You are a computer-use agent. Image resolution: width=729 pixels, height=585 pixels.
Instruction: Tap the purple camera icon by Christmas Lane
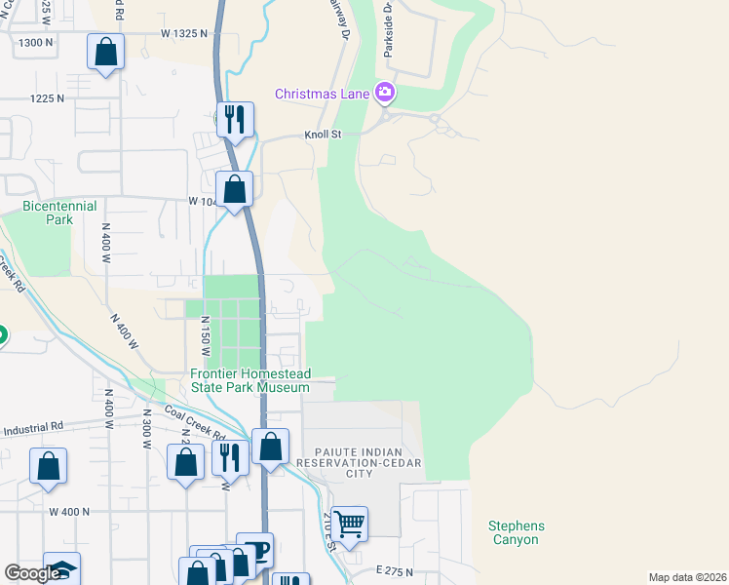(386, 93)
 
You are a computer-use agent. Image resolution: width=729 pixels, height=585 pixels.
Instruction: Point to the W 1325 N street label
(185, 33)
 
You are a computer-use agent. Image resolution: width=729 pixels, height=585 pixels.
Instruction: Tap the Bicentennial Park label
(48, 213)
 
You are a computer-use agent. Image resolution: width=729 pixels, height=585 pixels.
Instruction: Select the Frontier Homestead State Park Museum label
(250, 380)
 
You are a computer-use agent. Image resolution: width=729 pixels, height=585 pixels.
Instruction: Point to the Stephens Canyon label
(517, 532)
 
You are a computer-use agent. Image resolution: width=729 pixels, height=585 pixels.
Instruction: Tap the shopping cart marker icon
(349, 524)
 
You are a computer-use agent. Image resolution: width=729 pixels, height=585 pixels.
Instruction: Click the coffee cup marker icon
(255, 550)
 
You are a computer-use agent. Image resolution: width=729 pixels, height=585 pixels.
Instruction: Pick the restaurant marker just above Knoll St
(235, 120)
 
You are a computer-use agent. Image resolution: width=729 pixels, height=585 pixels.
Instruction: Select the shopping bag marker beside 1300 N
(106, 52)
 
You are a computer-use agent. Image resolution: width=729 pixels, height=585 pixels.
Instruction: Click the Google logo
(32, 573)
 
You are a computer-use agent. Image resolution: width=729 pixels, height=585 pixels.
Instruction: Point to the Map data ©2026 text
(687, 577)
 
